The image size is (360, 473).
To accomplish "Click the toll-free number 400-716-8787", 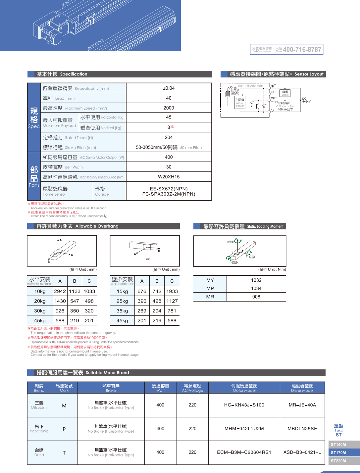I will tap(302, 50).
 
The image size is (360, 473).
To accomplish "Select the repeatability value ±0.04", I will tap(169, 88).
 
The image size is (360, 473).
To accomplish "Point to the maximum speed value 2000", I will tap(169, 108).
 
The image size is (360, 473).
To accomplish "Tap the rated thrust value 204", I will tap(169, 137).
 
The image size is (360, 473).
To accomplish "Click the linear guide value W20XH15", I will tap(169, 177).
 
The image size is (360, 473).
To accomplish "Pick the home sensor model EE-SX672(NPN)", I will tap(169, 189).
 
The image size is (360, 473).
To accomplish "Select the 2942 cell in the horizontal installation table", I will tap(60, 291).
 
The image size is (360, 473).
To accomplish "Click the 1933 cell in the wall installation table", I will tap(172, 291).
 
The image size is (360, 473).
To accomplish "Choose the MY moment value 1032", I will tap(256, 280).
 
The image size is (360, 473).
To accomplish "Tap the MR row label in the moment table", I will tap(210, 297).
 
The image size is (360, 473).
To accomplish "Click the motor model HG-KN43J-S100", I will tap(244, 405).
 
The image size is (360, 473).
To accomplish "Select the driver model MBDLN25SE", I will tap(302, 429).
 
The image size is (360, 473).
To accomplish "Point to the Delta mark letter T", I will tap(64, 452).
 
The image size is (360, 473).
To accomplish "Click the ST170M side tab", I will tap(338, 452).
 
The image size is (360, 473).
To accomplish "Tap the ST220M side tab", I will tap(338, 461).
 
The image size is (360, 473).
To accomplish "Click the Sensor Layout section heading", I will tap(277, 74).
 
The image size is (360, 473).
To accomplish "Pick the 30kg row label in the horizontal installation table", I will tap(40, 311).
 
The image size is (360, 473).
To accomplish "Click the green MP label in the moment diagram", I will tap(252, 257).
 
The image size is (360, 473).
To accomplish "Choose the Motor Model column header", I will tap(244, 388).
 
